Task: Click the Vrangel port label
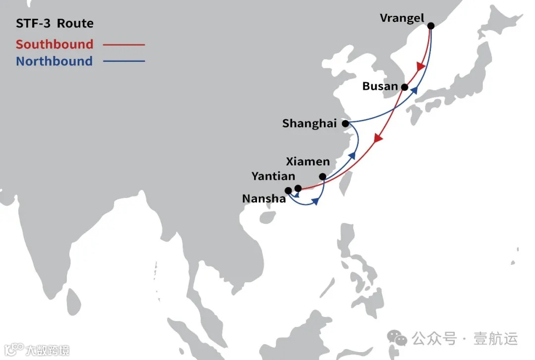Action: (402, 18)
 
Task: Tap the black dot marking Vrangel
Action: (430, 26)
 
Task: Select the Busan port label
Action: (380, 86)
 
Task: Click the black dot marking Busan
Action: (405, 87)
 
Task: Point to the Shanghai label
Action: (309, 123)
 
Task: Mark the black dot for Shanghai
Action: (345, 123)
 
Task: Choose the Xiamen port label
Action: (308, 161)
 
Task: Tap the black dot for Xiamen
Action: (322, 177)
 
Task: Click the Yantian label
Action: (273, 176)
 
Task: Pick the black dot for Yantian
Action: (298, 188)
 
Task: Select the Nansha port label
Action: (264, 199)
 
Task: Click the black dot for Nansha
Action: (288, 190)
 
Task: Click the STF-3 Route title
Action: (54, 24)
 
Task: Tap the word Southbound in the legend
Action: (54, 44)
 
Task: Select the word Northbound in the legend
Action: (54, 61)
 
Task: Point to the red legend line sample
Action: (124, 45)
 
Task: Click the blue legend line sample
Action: (124, 61)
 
